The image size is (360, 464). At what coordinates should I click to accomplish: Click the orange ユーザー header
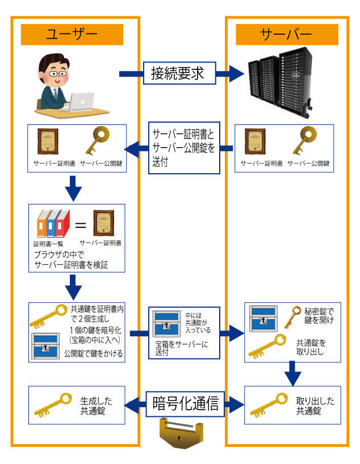click(x=72, y=34)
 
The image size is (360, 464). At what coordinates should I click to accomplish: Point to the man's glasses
click(x=56, y=74)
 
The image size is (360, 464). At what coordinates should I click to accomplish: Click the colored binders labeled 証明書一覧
click(x=53, y=223)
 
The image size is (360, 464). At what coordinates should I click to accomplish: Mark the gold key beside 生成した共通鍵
click(x=54, y=405)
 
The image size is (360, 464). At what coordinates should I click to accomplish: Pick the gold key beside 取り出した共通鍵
click(x=269, y=405)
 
